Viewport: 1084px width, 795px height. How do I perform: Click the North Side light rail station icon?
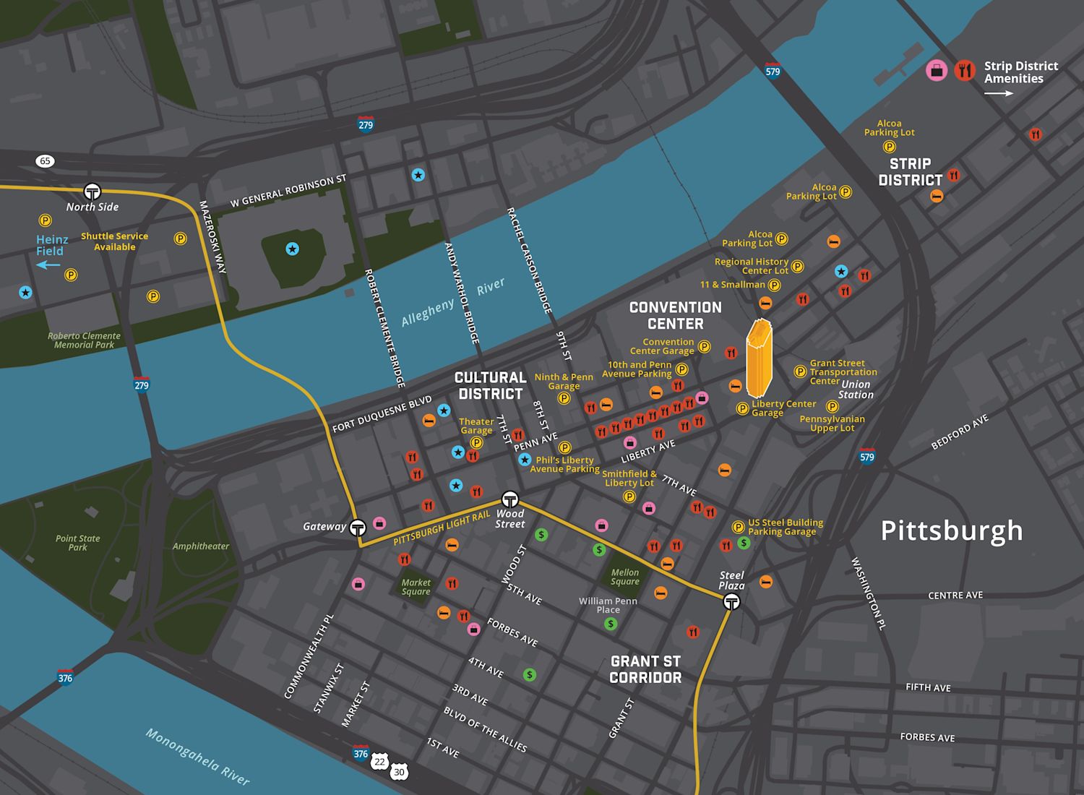tap(92, 192)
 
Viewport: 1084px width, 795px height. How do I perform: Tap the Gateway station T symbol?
tap(358, 527)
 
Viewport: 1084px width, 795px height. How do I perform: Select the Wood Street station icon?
tap(510, 499)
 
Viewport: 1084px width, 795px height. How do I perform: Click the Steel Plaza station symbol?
tap(731, 601)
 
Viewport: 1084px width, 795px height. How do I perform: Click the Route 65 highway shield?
tap(46, 160)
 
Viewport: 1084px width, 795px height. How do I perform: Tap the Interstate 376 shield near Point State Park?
tap(65, 677)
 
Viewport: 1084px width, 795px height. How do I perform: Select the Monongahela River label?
tap(197, 757)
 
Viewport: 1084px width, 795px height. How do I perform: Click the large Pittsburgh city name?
tap(952, 531)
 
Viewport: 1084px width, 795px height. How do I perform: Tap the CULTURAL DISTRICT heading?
tap(490, 385)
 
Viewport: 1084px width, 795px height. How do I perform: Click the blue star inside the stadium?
tap(292, 249)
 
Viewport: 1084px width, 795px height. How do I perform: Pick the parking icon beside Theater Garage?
tap(476, 442)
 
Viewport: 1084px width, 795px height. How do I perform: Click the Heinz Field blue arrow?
tap(49, 265)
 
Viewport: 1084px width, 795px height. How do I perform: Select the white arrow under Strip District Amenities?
tap(999, 94)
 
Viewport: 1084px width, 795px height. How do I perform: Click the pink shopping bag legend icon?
tap(937, 71)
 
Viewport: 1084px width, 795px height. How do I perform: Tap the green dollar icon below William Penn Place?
tap(611, 624)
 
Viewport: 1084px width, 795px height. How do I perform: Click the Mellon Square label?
tap(624, 577)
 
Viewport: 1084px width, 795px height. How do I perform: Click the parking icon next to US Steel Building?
tap(738, 527)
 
